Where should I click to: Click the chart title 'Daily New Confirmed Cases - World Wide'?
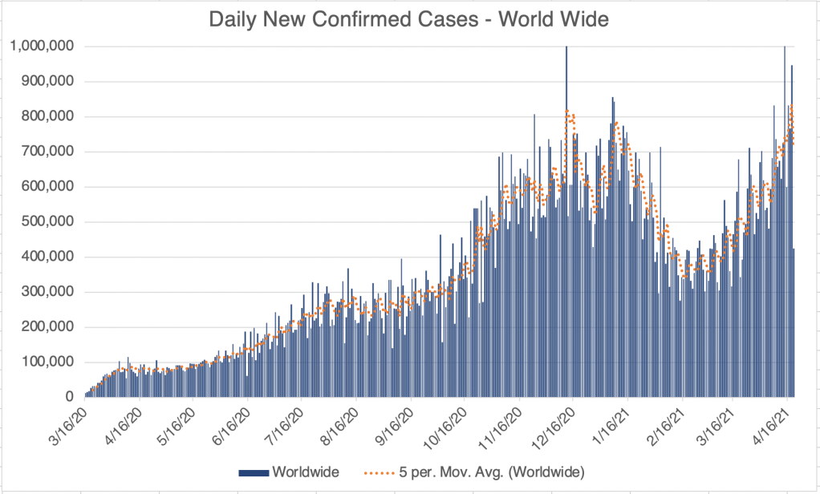coord(409,20)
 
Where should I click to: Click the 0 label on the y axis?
coord(70,398)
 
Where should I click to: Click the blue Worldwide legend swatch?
coord(254,470)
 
